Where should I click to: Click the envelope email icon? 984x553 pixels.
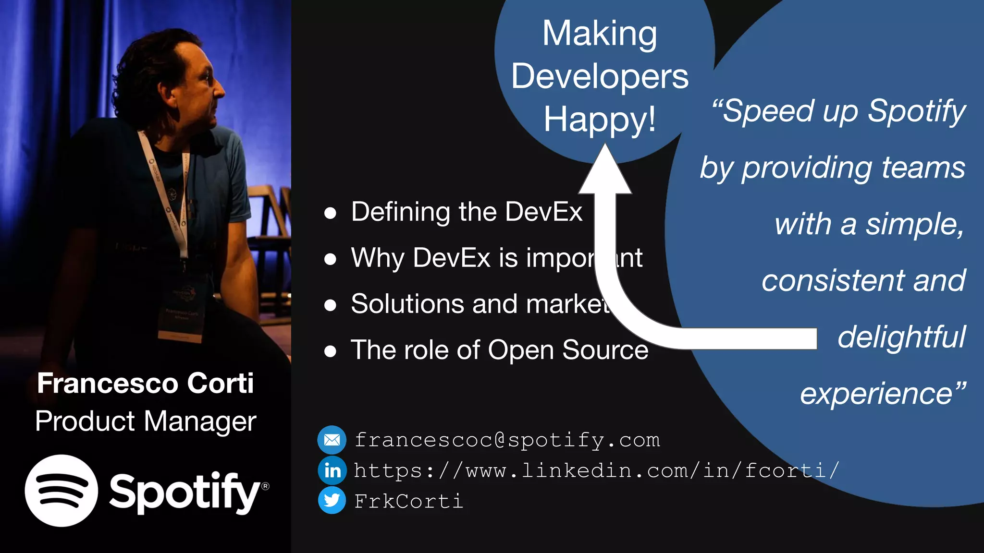332,440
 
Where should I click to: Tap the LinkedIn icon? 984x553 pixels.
332,470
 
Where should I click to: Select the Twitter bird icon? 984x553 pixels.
332,501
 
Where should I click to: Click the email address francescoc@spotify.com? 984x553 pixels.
507,440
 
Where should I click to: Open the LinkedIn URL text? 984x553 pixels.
596,471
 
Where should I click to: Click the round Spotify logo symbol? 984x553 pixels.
61,491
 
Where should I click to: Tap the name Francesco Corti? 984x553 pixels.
145,383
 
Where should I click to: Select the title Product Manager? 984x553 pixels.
145,421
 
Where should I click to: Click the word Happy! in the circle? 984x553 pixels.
599,119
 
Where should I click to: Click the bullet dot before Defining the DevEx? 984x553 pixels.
330,213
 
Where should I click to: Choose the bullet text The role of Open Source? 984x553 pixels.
499,350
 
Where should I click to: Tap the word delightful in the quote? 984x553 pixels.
901,337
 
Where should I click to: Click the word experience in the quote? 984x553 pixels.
876,394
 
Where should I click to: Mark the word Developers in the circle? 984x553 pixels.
599,77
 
